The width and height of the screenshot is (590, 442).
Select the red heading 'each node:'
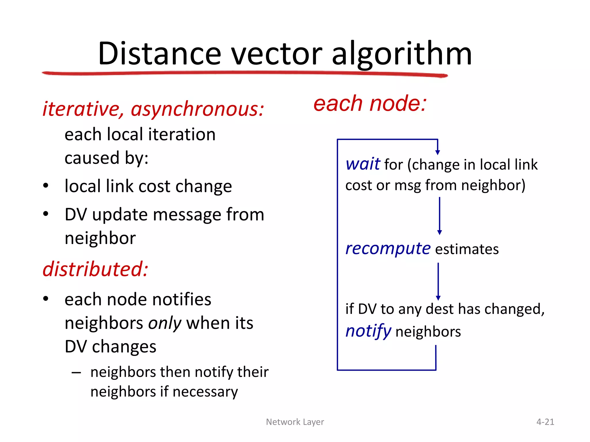point(370,104)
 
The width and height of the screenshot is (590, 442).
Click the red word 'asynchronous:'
point(197,109)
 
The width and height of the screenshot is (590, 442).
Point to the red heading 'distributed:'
point(95,269)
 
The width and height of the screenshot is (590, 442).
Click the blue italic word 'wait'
point(363,164)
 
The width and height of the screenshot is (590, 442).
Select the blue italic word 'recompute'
point(388,249)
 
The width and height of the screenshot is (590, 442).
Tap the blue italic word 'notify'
point(368,331)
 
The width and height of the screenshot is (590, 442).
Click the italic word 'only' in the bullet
point(164,323)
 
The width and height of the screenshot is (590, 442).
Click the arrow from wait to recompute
point(439,216)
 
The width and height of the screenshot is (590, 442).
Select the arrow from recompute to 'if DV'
point(438,281)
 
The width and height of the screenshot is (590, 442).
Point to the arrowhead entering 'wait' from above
point(438,152)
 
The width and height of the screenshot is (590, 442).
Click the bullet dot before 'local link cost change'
point(46,186)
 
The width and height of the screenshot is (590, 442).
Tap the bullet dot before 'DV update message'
point(46,214)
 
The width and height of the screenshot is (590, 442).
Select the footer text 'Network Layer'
point(295,422)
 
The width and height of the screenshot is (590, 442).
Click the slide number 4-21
point(545,422)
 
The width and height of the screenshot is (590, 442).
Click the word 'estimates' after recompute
point(467,249)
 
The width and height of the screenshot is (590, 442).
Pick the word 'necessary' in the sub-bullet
point(205,392)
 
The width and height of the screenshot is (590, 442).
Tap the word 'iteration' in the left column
point(182,135)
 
